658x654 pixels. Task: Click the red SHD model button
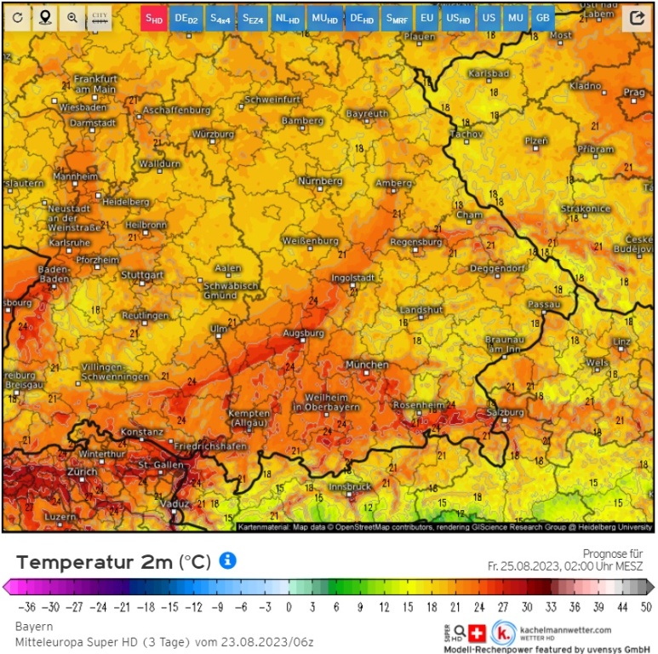pyautogui.click(x=153, y=18)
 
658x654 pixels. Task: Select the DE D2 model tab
pyautogui.click(x=186, y=18)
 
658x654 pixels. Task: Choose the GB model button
pyautogui.click(x=542, y=18)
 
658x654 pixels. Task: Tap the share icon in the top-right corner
pyautogui.click(x=636, y=18)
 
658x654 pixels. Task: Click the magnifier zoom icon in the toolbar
pyautogui.click(x=72, y=18)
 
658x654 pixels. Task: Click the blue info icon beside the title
pyautogui.click(x=227, y=560)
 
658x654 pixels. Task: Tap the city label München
pyautogui.click(x=367, y=364)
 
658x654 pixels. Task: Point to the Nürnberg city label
pyautogui.click(x=320, y=181)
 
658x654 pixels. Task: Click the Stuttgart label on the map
pyautogui.click(x=142, y=275)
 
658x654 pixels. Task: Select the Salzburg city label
pyautogui.click(x=504, y=411)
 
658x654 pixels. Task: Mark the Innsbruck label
pyautogui.click(x=350, y=486)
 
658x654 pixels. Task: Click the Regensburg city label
pyautogui.click(x=416, y=242)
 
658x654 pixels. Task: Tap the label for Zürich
pyautogui.click(x=83, y=471)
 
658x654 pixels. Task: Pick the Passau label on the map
pyautogui.click(x=544, y=304)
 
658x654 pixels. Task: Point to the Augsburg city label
pyautogui.click(x=304, y=332)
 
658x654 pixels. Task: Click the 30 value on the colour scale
pyautogui.click(x=528, y=606)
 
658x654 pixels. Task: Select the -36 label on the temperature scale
pyautogui.click(x=29, y=606)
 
